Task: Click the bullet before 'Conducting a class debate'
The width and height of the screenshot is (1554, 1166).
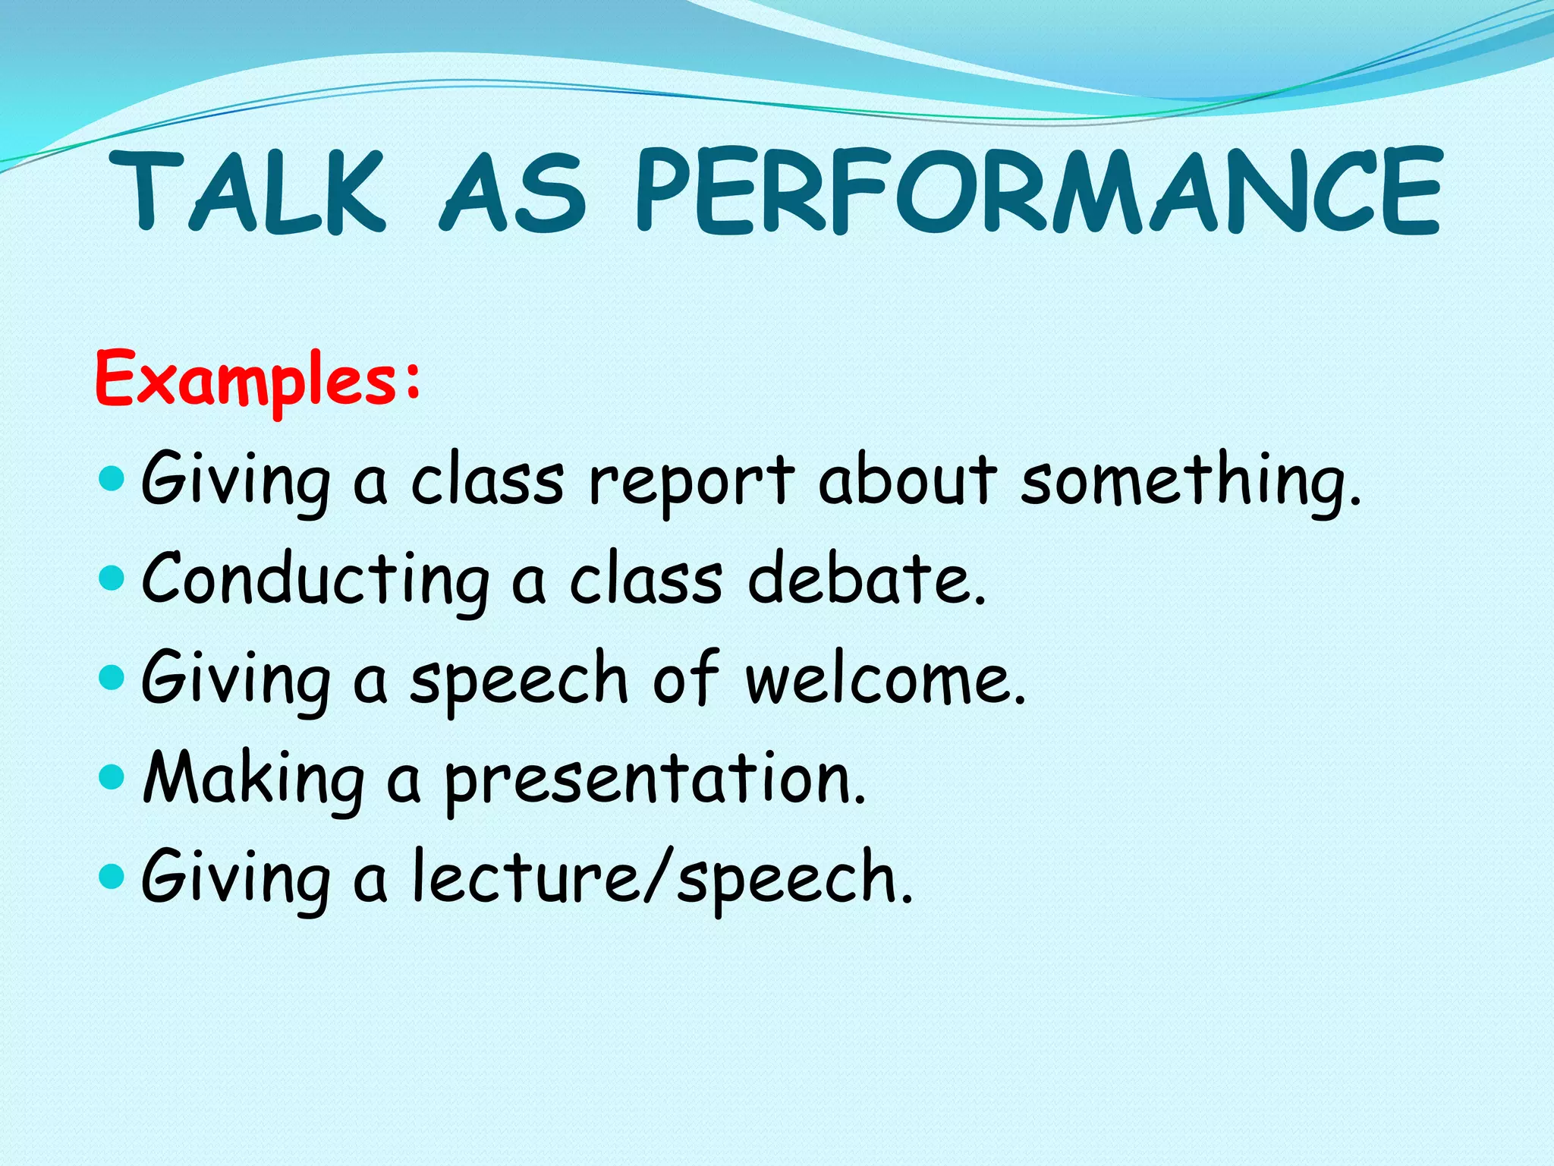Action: point(112,579)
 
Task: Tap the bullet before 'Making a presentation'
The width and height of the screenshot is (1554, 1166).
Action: point(112,777)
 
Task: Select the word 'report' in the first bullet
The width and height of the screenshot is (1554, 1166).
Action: point(691,482)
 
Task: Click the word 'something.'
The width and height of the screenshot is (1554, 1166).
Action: point(1191,482)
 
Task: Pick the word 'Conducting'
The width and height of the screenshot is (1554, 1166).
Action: point(316,581)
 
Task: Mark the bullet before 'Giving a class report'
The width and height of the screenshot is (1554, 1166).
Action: point(112,479)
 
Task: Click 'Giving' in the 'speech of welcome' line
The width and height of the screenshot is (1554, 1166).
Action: point(236,679)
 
